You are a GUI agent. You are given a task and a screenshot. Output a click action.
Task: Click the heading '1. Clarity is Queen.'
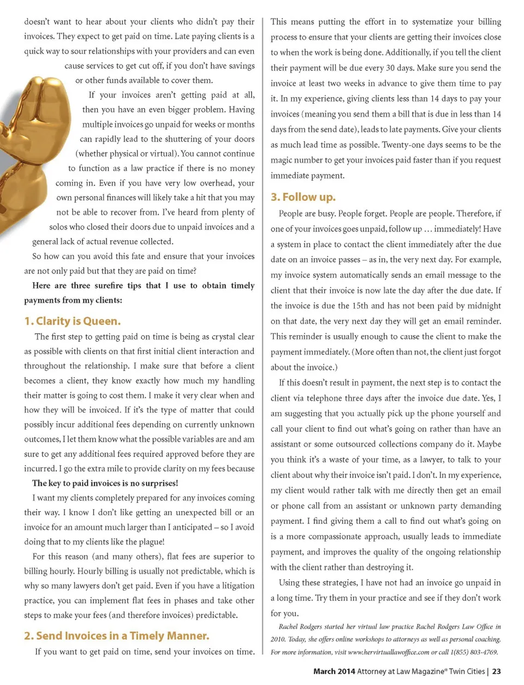pyautogui.click(x=72, y=321)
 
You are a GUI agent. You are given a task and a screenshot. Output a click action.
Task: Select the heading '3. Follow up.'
pyautogui.click(x=303, y=197)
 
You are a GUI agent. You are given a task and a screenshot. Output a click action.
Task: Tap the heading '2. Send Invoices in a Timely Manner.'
pyautogui.click(x=116, y=636)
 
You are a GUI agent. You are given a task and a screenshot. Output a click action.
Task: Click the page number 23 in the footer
pyautogui.click(x=496, y=671)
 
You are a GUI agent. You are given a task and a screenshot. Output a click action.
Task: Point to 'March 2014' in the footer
pyautogui.click(x=334, y=671)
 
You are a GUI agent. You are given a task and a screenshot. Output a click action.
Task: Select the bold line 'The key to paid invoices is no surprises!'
pyautogui.click(x=105, y=483)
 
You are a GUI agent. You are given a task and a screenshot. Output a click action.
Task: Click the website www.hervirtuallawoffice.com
pyautogui.click(x=389, y=652)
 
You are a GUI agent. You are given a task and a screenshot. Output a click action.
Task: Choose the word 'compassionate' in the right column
pyautogui.click(x=342, y=537)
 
